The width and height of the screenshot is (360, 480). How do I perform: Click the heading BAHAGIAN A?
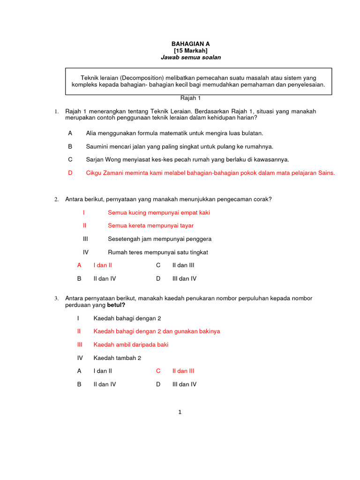pyautogui.click(x=190, y=43)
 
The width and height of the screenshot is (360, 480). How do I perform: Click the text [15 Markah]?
pyautogui.click(x=190, y=50)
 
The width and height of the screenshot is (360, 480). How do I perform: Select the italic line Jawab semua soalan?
pyautogui.click(x=190, y=57)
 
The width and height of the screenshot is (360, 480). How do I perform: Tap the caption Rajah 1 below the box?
pyautogui.click(x=190, y=98)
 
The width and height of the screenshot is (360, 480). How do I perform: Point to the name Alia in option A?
pyautogui.click(x=91, y=133)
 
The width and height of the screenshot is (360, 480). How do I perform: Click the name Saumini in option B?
pyautogui.click(x=98, y=146)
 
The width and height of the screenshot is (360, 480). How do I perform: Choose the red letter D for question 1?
pyautogui.click(x=70, y=172)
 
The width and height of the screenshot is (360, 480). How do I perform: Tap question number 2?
pyautogui.click(x=56, y=200)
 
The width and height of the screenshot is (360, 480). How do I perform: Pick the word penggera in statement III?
pyautogui.click(x=199, y=239)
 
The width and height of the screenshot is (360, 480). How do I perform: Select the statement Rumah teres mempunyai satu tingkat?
pyautogui.click(x=157, y=252)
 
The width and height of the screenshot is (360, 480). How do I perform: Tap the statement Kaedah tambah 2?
pyautogui.click(x=117, y=358)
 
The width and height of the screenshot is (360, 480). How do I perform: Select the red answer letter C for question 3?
pyautogui.click(x=158, y=371)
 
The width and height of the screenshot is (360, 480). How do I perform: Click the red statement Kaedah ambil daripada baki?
pyautogui.click(x=131, y=345)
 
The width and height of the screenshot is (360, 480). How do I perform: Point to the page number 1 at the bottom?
pyautogui.click(x=180, y=412)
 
